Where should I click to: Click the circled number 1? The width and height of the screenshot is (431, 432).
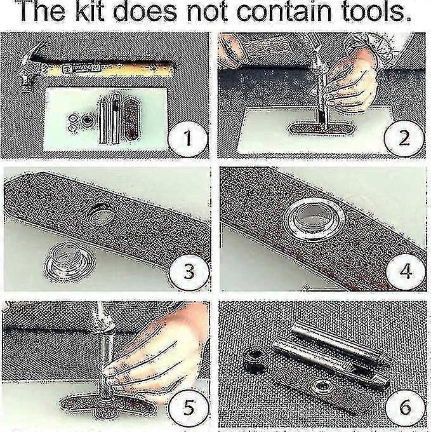click(187, 138)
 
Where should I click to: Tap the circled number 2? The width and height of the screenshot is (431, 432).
click(404, 138)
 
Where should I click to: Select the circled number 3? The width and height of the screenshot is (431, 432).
click(189, 271)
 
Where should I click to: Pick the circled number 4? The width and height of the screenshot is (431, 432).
click(406, 271)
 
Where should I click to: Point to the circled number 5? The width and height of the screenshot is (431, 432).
click(189, 407)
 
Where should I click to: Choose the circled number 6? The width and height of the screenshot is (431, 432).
click(405, 407)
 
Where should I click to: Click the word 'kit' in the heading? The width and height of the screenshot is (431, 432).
click(90, 11)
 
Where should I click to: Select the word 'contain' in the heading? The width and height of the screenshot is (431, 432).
click(284, 11)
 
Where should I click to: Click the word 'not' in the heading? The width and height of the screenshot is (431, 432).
click(207, 12)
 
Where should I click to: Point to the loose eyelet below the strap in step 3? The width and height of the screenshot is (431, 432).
click(70, 261)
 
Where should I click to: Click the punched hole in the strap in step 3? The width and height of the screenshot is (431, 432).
click(100, 215)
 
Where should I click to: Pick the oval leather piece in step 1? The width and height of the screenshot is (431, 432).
click(131, 118)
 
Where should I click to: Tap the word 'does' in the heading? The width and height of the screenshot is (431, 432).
click(145, 11)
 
